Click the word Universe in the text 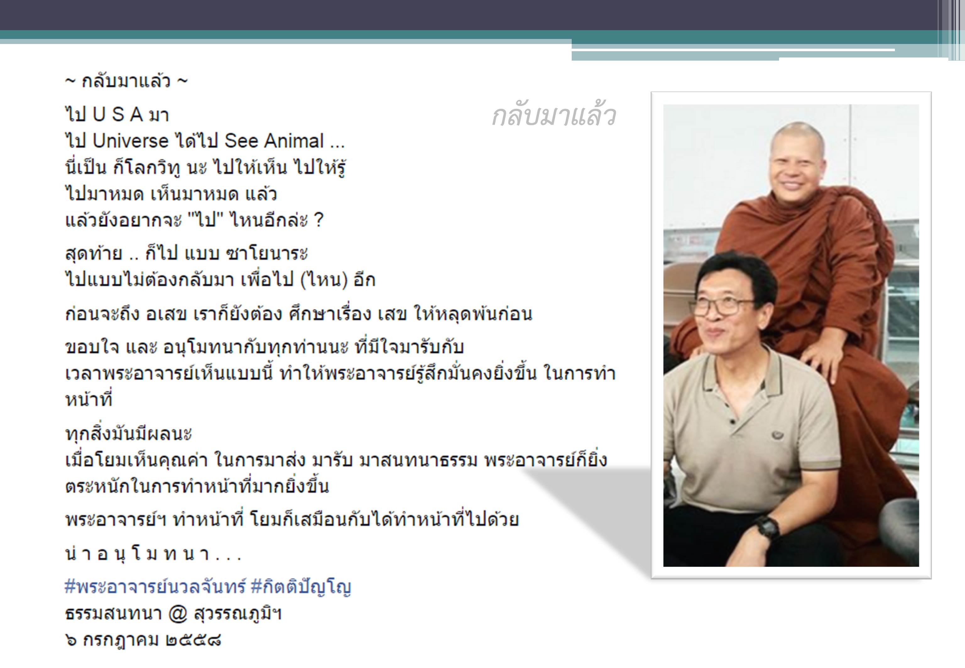tap(130, 141)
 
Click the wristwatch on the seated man tap(767, 528)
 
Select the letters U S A tap(118, 115)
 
